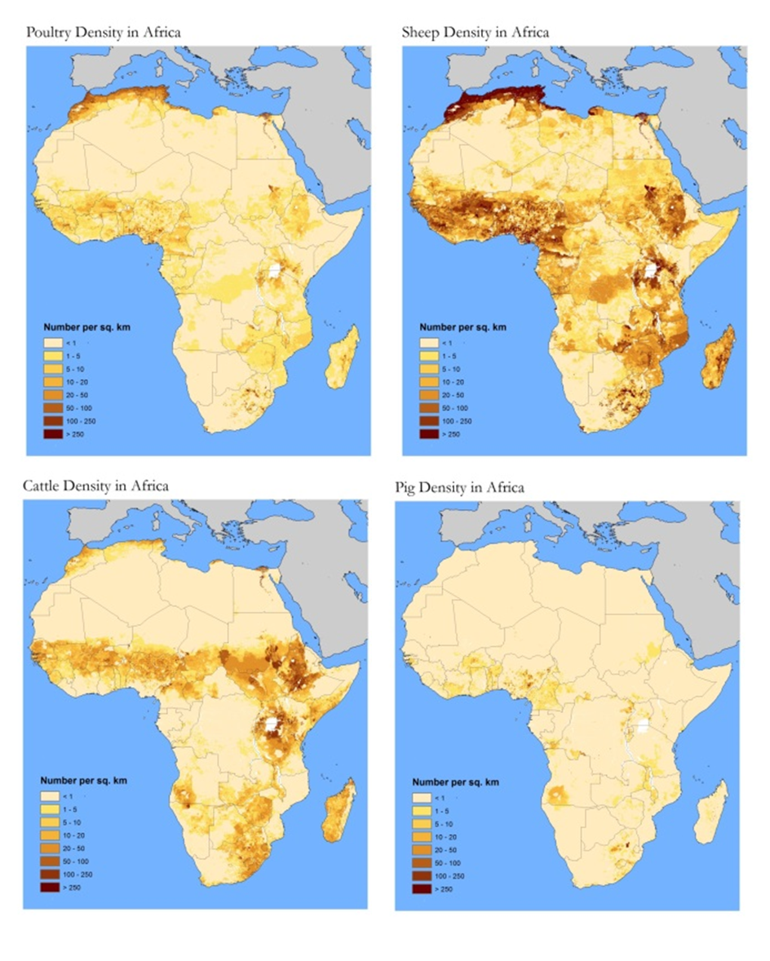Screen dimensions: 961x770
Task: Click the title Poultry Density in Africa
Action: click(x=104, y=33)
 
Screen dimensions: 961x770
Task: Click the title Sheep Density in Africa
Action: click(x=475, y=33)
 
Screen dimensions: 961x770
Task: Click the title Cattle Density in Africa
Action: click(x=96, y=486)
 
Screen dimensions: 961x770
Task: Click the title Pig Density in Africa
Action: click(x=459, y=488)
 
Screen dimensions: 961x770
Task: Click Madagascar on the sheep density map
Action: click(x=719, y=357)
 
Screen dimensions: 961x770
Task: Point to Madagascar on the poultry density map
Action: click(x=343, y=357)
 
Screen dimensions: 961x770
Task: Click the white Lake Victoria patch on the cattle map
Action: click(x=270, y=724)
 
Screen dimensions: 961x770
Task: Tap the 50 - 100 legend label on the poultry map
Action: click(x=78, y=408)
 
